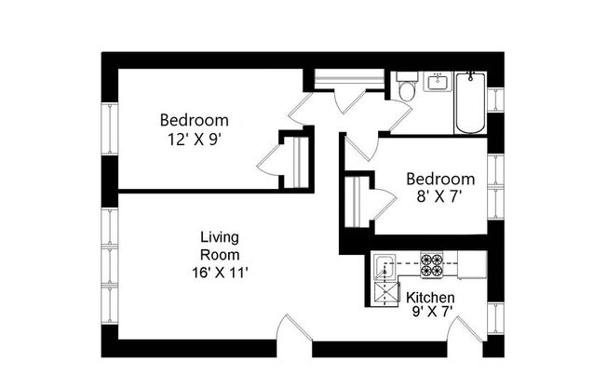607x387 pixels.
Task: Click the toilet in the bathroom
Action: (x=406, y=91)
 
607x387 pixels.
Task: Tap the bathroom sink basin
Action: (x=438, y=84)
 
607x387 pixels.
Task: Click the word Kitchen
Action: (x=431, y=298)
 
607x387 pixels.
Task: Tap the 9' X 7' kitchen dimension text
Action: (x=431, y=313)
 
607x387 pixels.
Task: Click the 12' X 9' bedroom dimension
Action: (x=194, y=139)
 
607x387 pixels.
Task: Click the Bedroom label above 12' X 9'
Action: (x=194, y=120)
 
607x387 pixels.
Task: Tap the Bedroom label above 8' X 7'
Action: (x=440, y=179)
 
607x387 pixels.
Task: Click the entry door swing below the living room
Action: (x=292, y=330)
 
